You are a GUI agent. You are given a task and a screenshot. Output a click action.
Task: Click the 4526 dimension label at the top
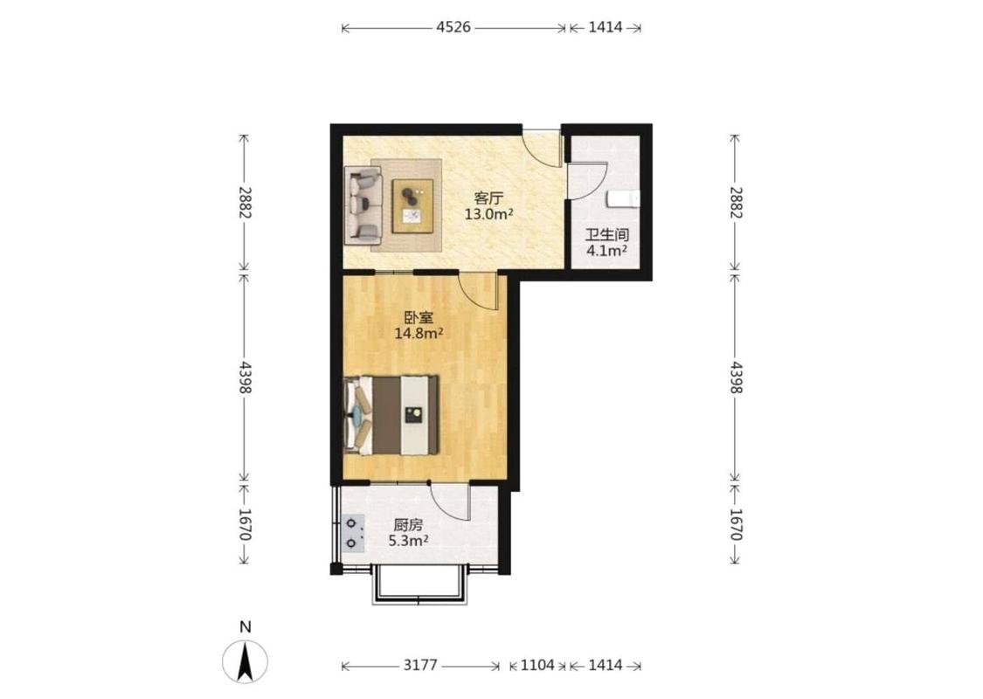[x=453, y=28]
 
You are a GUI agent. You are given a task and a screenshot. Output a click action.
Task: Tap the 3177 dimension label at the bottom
[x=419, y=665]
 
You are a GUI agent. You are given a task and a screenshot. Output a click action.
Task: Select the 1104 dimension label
[x=537, y=665]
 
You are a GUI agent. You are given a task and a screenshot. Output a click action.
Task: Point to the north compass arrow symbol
[x=246, y=661]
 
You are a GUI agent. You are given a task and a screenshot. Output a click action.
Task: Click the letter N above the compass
[x=246, y=626]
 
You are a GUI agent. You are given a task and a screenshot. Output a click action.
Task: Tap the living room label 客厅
[x=489, y=198]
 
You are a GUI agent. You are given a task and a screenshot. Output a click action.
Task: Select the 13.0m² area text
[x=489, y=214]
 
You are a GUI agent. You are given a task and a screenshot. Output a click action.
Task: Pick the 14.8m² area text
[x=419, y=334]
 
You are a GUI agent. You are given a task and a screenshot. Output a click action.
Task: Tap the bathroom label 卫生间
[x=607, y=236]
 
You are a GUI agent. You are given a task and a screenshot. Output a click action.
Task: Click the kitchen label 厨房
[x=408, y=525]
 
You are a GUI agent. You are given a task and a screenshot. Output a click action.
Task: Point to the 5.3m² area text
[x=408, y=541]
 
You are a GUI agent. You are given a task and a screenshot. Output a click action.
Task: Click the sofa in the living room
[x=363, y=205]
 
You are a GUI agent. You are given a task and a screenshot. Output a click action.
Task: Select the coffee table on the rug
[x=412, y=205]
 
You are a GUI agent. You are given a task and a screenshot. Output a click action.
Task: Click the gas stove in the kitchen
[x=353, y=533]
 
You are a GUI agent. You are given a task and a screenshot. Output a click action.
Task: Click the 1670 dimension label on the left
[x=245, y=524]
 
